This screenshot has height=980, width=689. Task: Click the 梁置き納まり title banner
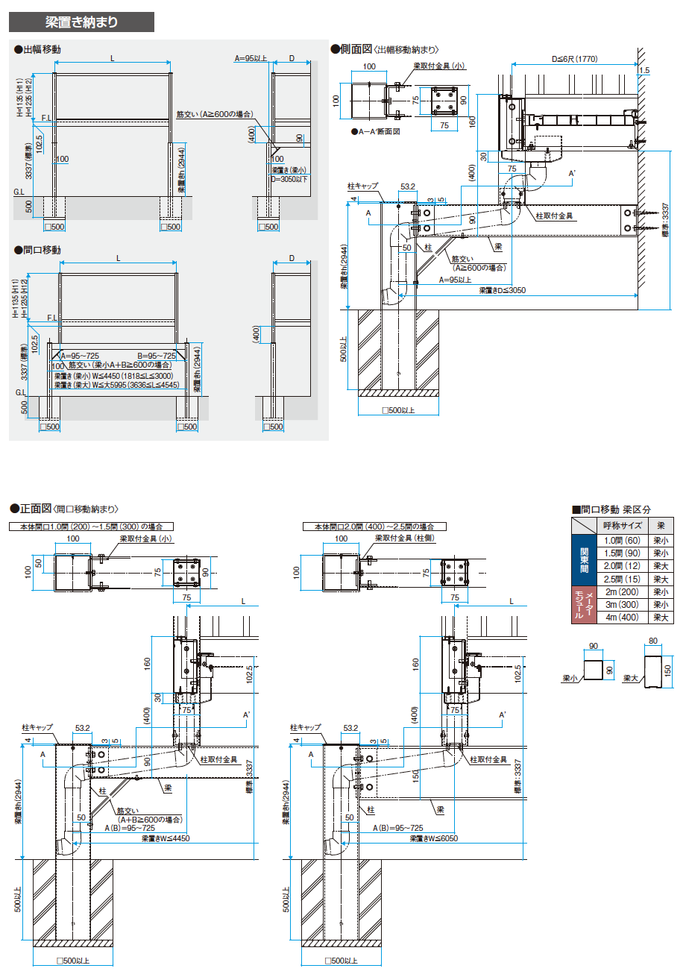coord(81,22)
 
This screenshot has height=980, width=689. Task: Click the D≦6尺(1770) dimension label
coord(574,59)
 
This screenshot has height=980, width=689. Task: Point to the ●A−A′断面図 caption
coord(376,131)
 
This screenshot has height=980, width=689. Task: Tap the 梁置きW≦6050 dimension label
coord(433,838)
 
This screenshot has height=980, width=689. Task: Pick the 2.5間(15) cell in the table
coord(622,579)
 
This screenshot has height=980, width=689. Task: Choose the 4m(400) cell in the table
coord(622,618)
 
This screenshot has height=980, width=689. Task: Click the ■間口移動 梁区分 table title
coord(611,509)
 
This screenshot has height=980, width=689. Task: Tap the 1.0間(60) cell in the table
coord(622,540)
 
